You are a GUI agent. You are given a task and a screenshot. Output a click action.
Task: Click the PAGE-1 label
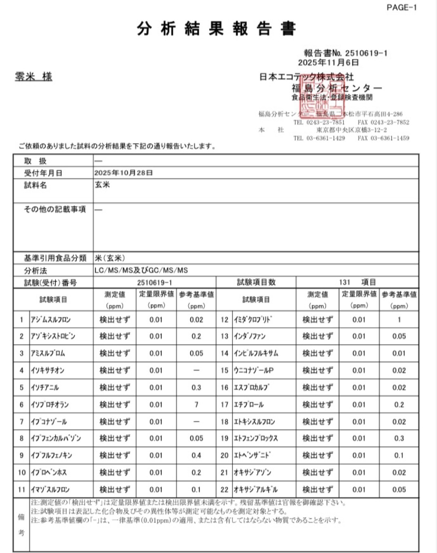click(401, 7)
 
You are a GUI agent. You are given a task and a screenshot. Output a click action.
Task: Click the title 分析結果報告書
click(216, 29)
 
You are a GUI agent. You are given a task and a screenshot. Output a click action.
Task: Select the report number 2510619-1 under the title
click(366, 53)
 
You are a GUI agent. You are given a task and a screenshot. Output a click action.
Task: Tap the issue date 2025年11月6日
click(329, 62)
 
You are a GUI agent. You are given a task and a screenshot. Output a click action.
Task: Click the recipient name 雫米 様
click(34, 76)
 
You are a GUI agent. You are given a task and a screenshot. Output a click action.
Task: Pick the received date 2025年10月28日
click(124, 173)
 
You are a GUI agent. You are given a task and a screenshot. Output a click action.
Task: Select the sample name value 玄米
click(102, 185)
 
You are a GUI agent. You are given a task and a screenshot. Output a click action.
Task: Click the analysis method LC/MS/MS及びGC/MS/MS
click(141, 270)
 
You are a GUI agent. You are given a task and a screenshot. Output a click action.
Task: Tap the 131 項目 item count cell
click(357, 282)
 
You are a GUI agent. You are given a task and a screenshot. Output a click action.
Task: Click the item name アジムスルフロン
click(51, 320)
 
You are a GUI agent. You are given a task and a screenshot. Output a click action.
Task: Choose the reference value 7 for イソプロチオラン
click(196, 405)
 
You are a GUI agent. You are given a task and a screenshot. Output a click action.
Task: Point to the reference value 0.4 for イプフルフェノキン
click(196, 456)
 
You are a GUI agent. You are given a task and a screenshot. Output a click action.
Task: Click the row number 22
click(225, 489)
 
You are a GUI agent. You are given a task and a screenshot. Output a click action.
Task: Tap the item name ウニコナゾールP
click(254, 371)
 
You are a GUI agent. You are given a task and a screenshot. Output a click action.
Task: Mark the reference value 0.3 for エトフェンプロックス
click(399, 439)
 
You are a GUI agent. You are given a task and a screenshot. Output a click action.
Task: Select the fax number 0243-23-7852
click(390, 122)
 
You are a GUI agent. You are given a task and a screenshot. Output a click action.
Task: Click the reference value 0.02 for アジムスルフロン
click(196, 320)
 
